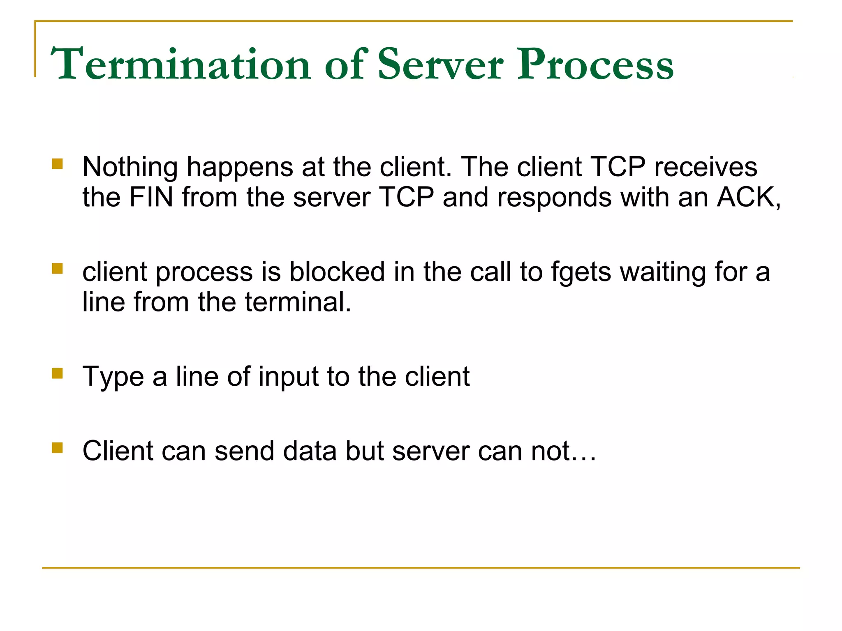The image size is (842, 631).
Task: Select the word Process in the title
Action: pos(595,65)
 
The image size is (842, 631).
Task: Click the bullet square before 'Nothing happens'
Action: pos(57,164)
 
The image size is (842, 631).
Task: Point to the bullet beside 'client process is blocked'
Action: pos(57,269)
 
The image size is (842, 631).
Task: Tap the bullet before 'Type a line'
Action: pos(57,373)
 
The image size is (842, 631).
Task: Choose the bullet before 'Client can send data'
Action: pos(57,447)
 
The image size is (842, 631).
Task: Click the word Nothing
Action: pos(130,167)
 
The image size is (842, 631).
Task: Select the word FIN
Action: pos(151,197)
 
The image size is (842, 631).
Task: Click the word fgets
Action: pos(581,272)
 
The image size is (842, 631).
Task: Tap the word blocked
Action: pos(337,272)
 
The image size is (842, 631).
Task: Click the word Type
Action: pos(113,377)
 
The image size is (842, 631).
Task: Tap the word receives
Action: pos(706,167)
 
